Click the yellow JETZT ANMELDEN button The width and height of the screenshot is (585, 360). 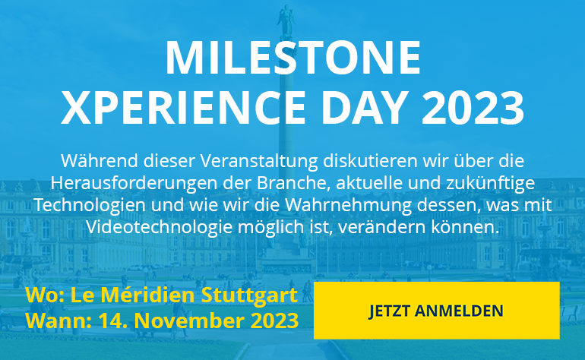(437, 311)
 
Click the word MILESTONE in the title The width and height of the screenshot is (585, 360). (293, 58)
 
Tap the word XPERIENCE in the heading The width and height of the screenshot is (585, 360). (184, 107)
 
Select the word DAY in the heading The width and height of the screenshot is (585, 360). (364, 107)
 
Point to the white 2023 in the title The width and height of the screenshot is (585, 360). (473, 107)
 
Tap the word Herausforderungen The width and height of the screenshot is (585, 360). (134, 183)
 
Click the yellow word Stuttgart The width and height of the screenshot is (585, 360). (249, 296)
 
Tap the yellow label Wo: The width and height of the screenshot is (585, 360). (45, 295)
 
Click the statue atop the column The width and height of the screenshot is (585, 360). (286, 21)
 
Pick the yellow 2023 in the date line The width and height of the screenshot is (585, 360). (274, 321)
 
